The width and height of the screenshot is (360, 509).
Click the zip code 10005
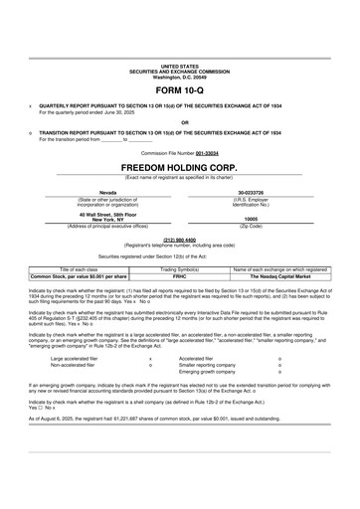pos(251,219)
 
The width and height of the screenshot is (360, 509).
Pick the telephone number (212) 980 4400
pos(180,239)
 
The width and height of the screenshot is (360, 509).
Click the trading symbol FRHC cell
pos(180,275)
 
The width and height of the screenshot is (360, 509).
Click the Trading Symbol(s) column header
pos(180,268)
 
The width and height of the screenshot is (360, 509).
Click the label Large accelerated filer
pos(76,358)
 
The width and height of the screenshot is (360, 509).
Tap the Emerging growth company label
pos(212,372)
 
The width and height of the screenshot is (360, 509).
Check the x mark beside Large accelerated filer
pos(150,358)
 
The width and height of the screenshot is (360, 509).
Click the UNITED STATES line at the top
pos(180,36)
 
